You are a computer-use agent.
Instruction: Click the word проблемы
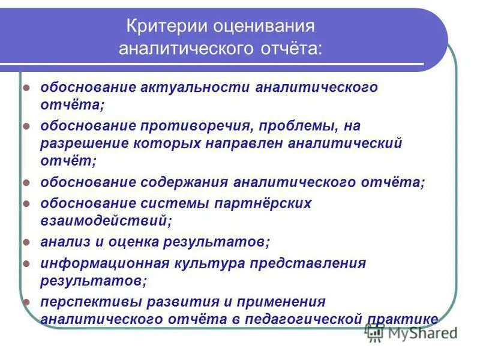click(292, 126)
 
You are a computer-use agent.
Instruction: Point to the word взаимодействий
click(103, 221)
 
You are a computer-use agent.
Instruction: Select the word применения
click(278, 301)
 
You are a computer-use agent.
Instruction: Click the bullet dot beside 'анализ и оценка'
click(26, 242)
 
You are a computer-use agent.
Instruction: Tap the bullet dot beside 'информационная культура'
click(26, 263)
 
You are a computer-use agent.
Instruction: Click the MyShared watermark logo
click(414, 332)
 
